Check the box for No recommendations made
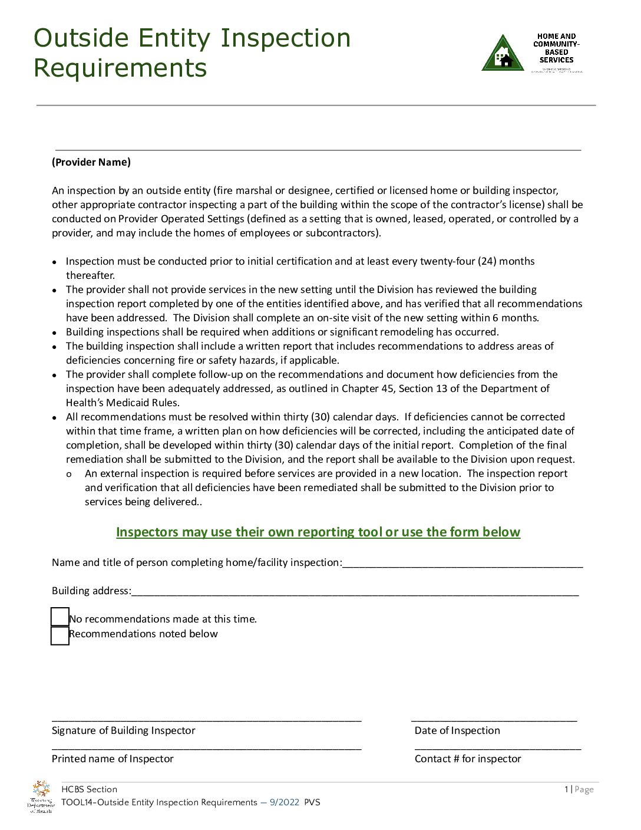coord(60,617)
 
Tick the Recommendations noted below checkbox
coord(60,635)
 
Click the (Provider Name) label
coord(91,162)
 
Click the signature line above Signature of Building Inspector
coord(206,719)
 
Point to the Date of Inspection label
coord(457,730)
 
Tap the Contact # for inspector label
coord(468,759)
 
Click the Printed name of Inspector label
coord(113,759)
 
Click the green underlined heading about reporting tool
coord(318,532)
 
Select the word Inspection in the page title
coord(285,38)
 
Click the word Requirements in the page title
coord(120,68)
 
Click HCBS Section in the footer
coord(89,789)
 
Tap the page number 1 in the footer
coord(566,789)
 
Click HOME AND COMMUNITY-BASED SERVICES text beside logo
coord(556,48)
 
